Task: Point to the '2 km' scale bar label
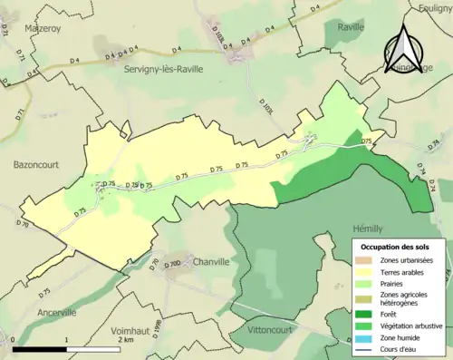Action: point(124,353)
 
